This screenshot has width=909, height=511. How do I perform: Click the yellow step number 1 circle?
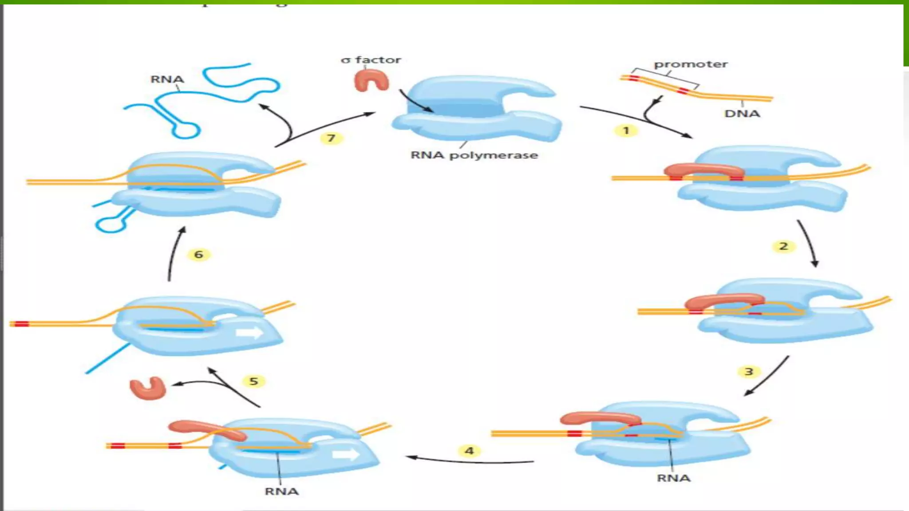pyautogui.click(x=626, y=130)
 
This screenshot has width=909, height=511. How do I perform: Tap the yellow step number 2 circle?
pyautogui.click(x=783, y=246)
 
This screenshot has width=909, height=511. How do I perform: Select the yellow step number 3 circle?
pyautogui.click(x=749, y=371)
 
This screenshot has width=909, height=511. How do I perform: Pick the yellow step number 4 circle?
pyautogui.click(x=469, y=451)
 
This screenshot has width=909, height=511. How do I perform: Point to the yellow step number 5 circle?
pyautogui.click(x=253, y=381)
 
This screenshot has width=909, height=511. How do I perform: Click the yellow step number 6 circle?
pyautogui.click(x=198, y=254)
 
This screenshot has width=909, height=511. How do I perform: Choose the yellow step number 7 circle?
pyautogui.click(x=331, y=138)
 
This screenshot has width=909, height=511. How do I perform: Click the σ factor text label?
pyautogui.click(x=371, y=59)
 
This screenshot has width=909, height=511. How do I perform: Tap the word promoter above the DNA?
pyautogui.click(x=691, y=64)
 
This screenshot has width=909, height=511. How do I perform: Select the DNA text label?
pyautogui.click(x=742, y=114)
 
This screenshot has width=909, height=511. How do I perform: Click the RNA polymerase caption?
pyautogui.click(x=474, y=155)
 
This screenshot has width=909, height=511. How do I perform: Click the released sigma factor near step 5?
pyautogui.click(x=148, y=388)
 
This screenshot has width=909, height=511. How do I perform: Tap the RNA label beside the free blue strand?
pyautogui.click(x=167, y=79)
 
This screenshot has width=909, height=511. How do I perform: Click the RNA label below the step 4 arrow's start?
pyautogui.click(x=673, y=478)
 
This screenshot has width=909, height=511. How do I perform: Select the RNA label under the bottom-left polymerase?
pyautogui.click(x=281, y=491)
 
